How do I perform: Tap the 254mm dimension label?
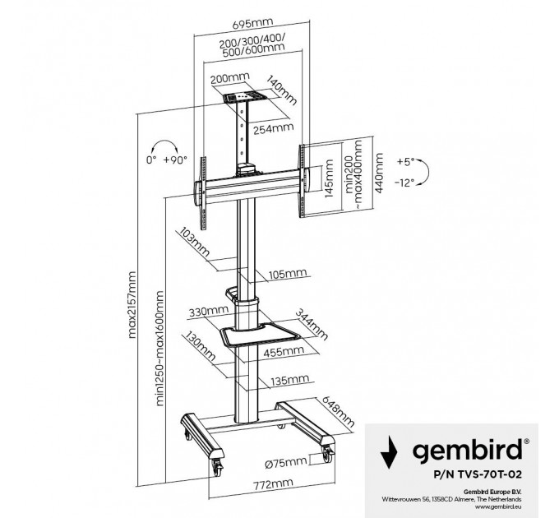[x=275, y=128]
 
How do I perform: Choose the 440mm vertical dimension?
[x=378, y=171]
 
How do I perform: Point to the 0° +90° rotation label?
[x=166, y=160]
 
